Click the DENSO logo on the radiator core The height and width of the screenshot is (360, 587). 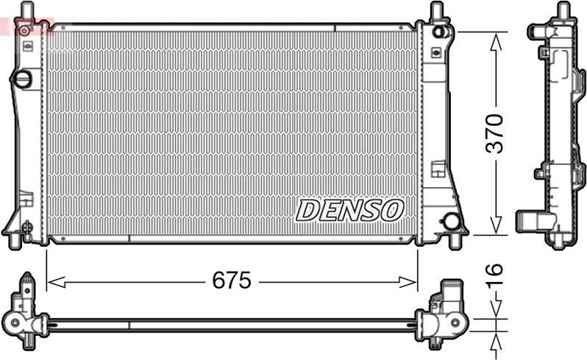point(350,210)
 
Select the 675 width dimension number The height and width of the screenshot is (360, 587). point(232,280)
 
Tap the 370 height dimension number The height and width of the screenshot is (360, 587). point(497,133)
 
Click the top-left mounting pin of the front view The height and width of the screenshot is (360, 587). point(28,11)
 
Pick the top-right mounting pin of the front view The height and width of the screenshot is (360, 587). point(436,10)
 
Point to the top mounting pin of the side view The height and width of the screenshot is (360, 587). point(563,10)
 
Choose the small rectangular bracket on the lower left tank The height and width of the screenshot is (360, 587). point(26,198)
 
